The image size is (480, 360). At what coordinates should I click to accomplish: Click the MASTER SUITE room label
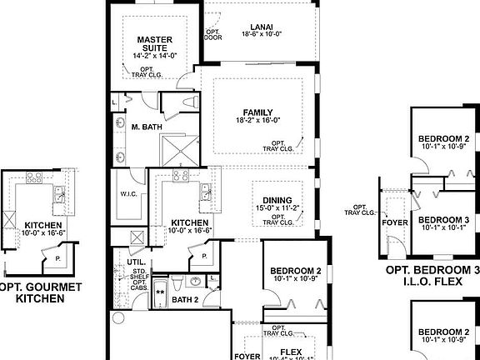coord(154,43)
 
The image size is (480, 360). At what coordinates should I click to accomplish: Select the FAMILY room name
coord(258,112)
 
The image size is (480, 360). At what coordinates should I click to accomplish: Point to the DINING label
coord(277,200)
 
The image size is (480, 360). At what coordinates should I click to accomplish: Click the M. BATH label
coord(147,127)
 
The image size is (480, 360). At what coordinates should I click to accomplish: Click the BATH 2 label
coord(184,299)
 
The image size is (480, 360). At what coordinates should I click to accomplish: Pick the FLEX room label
coord(291,352)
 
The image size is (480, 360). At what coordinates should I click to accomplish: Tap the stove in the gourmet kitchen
coord(35,177)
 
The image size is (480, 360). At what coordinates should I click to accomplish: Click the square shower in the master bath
coord(181,150)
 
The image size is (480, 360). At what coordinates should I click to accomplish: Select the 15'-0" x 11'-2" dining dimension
coord(277,208)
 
